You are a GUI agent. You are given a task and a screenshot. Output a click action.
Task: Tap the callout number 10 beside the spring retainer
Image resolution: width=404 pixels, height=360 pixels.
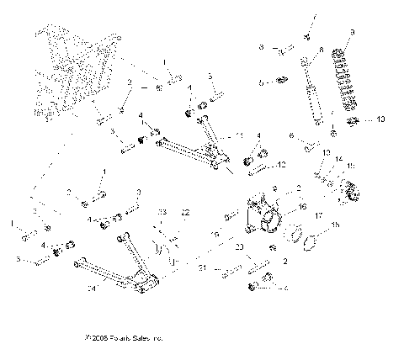380,119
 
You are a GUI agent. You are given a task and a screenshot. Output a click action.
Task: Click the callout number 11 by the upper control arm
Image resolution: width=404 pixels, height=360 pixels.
240,135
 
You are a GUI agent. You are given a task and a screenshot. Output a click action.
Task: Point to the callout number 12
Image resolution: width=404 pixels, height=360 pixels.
282,164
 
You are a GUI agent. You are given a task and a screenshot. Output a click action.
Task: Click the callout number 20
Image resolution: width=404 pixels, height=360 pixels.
240,246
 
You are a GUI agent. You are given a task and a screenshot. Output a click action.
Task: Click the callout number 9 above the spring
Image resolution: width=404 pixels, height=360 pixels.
352,32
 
